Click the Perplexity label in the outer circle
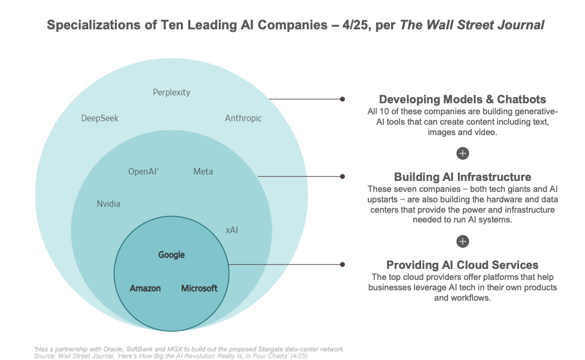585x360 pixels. (x=171, y=92)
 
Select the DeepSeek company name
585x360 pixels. (x=100, y=118)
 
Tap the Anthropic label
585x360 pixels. (x=243, y=118)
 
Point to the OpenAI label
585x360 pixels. (x=144, y=172)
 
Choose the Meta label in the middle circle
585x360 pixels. (x=203, y=172)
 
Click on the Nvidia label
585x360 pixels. (x=109, y=204)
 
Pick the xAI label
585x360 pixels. (x=232, y=230)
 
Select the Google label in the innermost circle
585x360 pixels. (x=171, y=255)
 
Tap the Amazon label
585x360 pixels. (x=145, y=288)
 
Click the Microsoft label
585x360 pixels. (x=199, y=288)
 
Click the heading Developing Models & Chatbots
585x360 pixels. (x=462, y=100)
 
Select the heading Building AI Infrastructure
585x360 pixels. (x=462, y=177)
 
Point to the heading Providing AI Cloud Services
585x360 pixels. (x=462, y=265)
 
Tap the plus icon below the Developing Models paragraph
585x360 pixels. (x=463, y=153)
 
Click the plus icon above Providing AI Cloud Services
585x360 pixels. (x=463, y=241)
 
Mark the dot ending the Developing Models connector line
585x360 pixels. (x=342, y=99)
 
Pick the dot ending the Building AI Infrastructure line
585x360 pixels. (x=342, y=177)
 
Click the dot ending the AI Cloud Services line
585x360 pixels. (x=342, y=265)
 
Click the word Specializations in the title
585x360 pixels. (x=87, y=25)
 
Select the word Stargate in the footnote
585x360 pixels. (x=253, y=349)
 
